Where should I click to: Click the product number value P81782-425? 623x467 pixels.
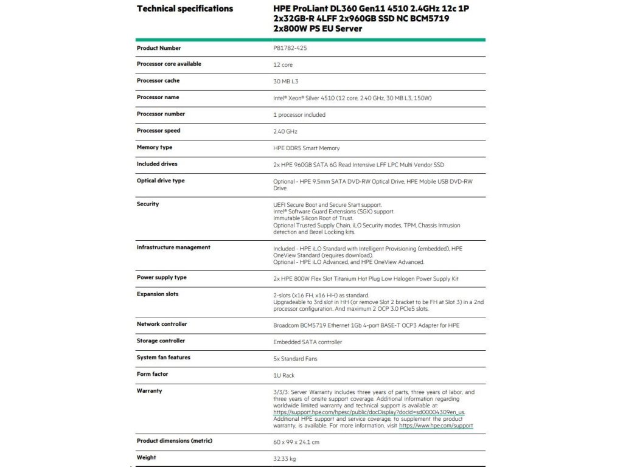click(290, 48)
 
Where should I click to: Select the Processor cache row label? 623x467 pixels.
click(158, 81)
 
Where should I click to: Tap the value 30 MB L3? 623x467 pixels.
click(286, 81)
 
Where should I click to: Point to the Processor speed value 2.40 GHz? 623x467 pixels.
click(285, 131)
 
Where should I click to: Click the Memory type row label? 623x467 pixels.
click(155, 148)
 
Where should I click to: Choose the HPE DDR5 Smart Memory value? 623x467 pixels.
click(307, 148)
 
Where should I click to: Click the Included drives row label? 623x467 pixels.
click(157, 164)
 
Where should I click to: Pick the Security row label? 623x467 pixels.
click(148, 204)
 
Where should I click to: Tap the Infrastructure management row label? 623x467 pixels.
click(173, 247)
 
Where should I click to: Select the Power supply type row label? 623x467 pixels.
click(162, 278)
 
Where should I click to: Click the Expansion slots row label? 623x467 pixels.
click(158, 294)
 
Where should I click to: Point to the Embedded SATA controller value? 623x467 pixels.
click(308, 342)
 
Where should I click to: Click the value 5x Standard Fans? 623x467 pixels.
click(295, 359)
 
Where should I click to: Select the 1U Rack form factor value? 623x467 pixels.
click(284, 375)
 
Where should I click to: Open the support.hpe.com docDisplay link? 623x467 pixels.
click(369, 412)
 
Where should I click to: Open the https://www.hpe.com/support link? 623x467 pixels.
click(436, 426)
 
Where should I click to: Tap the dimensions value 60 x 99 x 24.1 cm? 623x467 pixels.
click(296, 442)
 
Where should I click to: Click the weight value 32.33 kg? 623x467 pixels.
click(285, 458)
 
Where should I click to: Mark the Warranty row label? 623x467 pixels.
click(150, 391)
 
